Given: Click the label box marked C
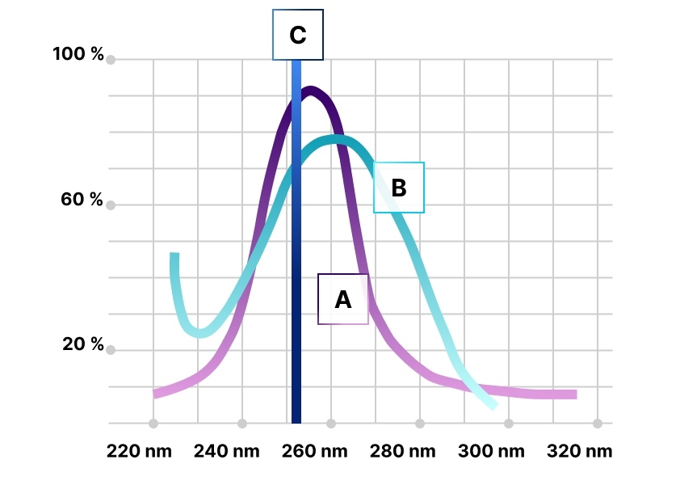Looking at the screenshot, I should click(298, 35).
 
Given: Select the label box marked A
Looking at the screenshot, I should click(343, 299).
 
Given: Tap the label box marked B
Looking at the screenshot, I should click(399, 188).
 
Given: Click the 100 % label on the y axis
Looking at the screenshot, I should click(78, 54).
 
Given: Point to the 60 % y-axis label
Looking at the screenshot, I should click(82, 200).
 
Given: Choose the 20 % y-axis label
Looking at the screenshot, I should click(82, 345).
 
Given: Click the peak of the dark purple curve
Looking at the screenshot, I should click(310, 91).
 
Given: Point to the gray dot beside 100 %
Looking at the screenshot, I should click(111, 60).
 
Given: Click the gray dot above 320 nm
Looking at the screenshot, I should click(598, 423).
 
